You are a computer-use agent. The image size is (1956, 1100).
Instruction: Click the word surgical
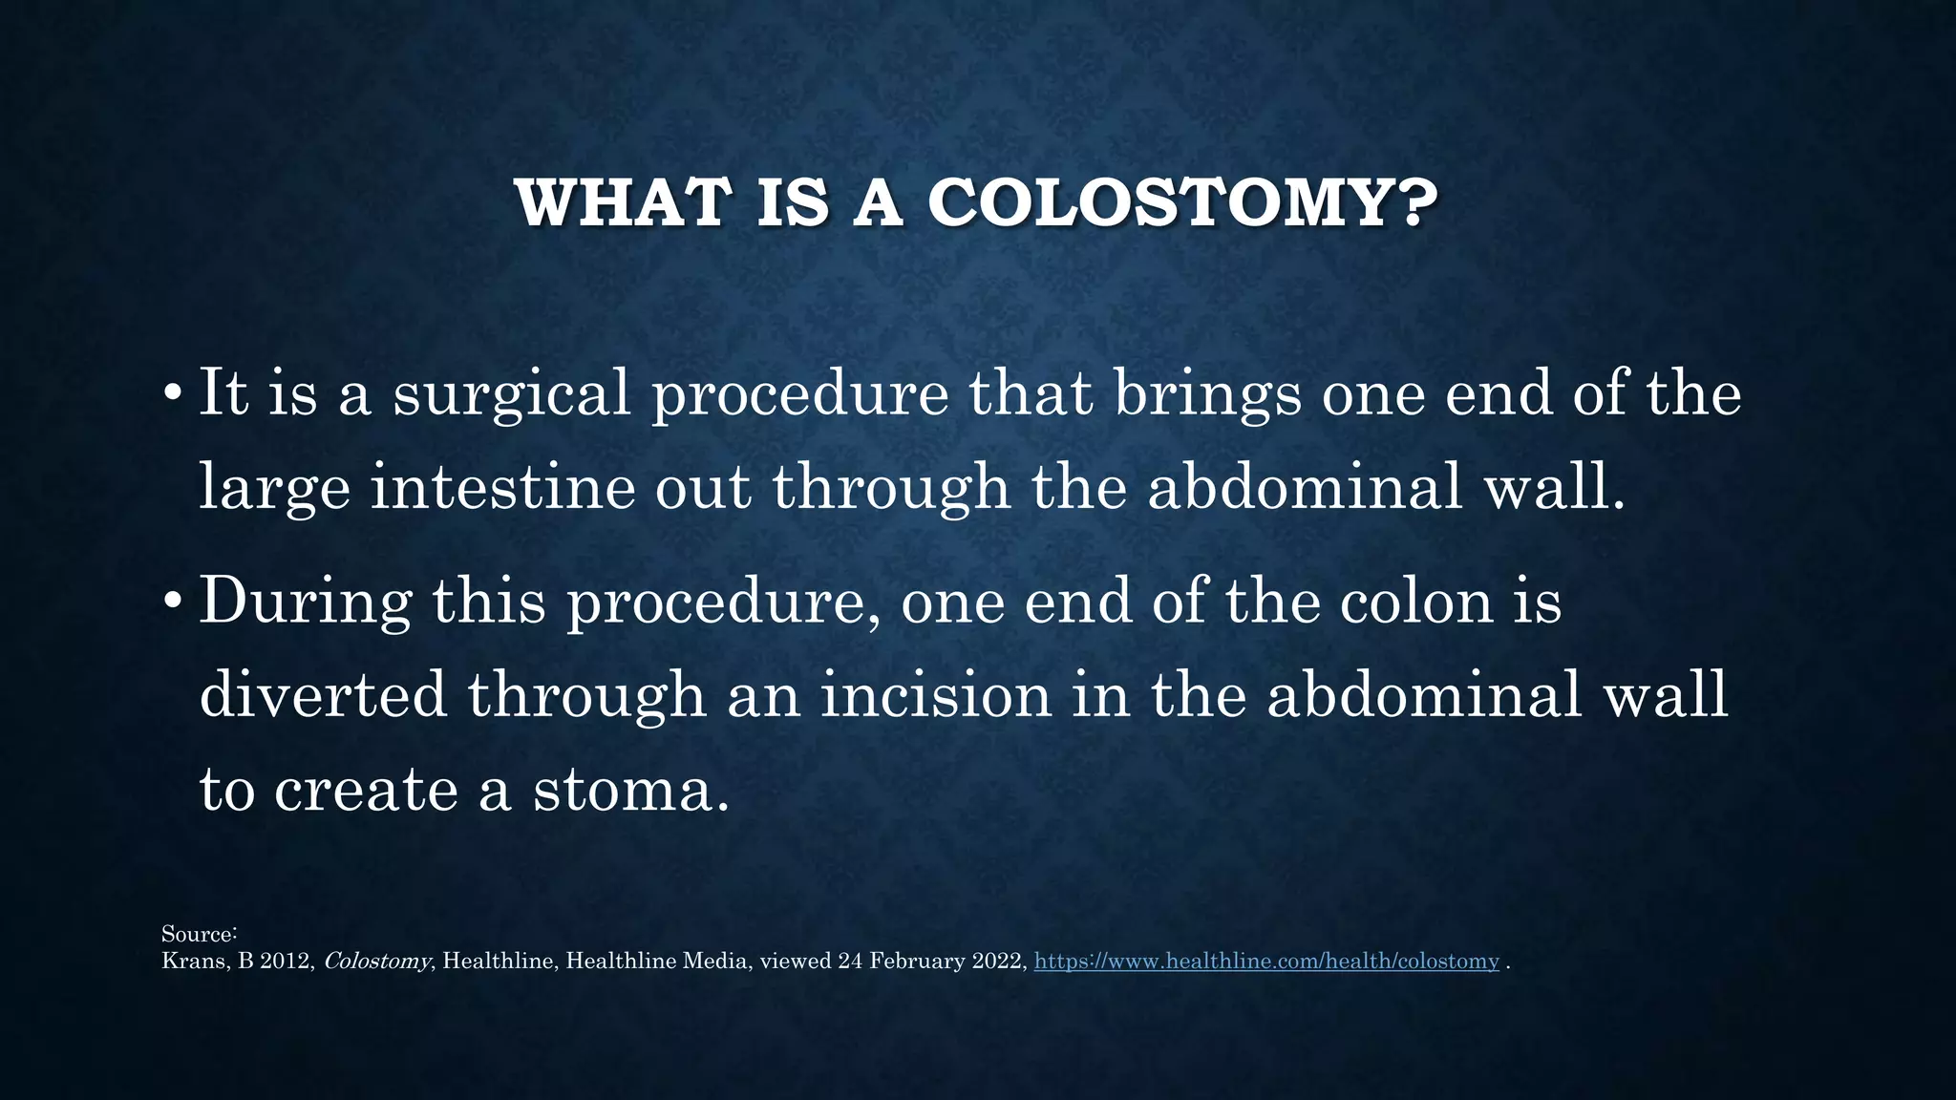[512, 393]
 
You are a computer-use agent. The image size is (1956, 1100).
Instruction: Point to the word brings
[1207, 393]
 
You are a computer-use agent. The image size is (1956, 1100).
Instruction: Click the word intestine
[502, 486]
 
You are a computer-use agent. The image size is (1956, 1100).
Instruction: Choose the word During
[306, 603]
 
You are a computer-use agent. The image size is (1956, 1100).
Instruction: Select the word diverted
[323, 694]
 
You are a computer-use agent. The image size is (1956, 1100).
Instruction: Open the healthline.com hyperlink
[1266, 962]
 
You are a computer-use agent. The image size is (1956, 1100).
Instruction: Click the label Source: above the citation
[199, 934]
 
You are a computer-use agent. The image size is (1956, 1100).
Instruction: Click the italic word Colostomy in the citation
[376, 962]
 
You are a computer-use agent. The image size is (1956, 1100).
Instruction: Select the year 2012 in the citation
[287, 962]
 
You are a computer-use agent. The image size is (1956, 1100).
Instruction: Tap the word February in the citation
[918, 962]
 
